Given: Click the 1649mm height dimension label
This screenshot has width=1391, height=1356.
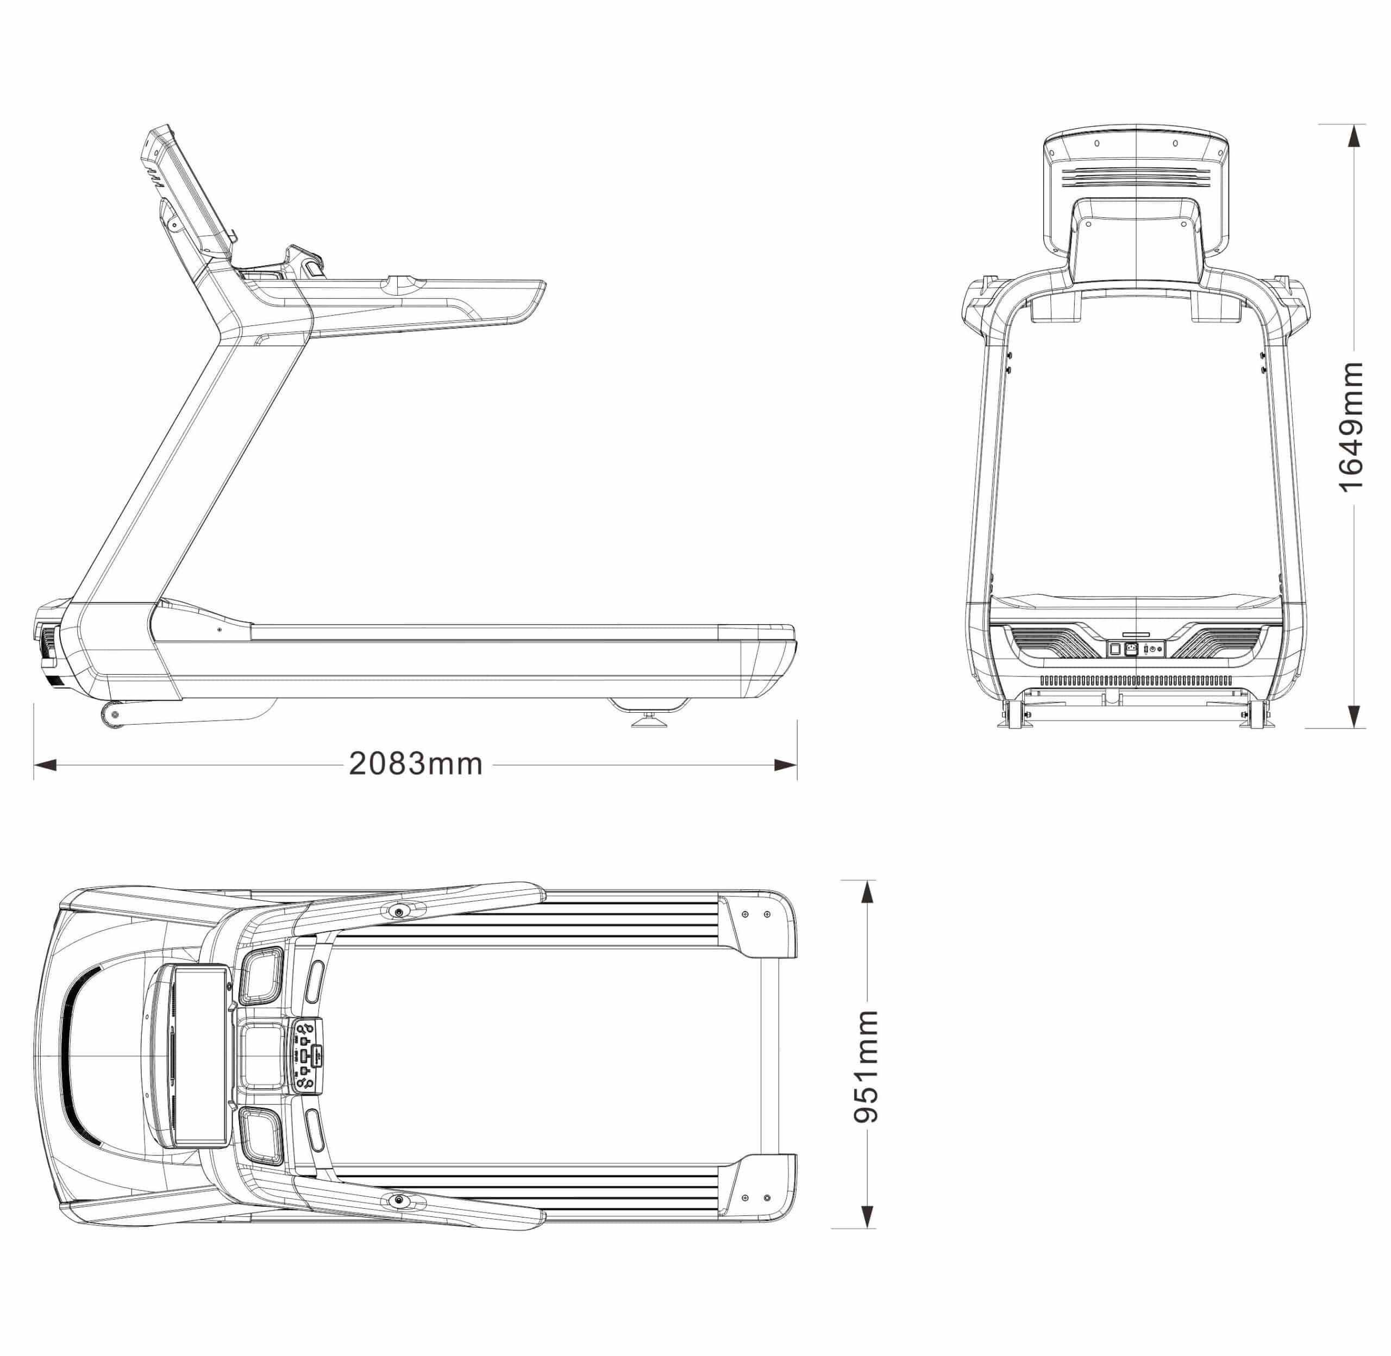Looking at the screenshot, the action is tap(1350, 426).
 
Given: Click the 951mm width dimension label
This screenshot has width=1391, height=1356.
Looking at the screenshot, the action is tap(866, 1065).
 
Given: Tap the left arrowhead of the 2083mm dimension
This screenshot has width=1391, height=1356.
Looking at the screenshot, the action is tap(45, 765).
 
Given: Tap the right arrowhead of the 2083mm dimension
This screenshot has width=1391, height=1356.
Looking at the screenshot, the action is tap(786, 765).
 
